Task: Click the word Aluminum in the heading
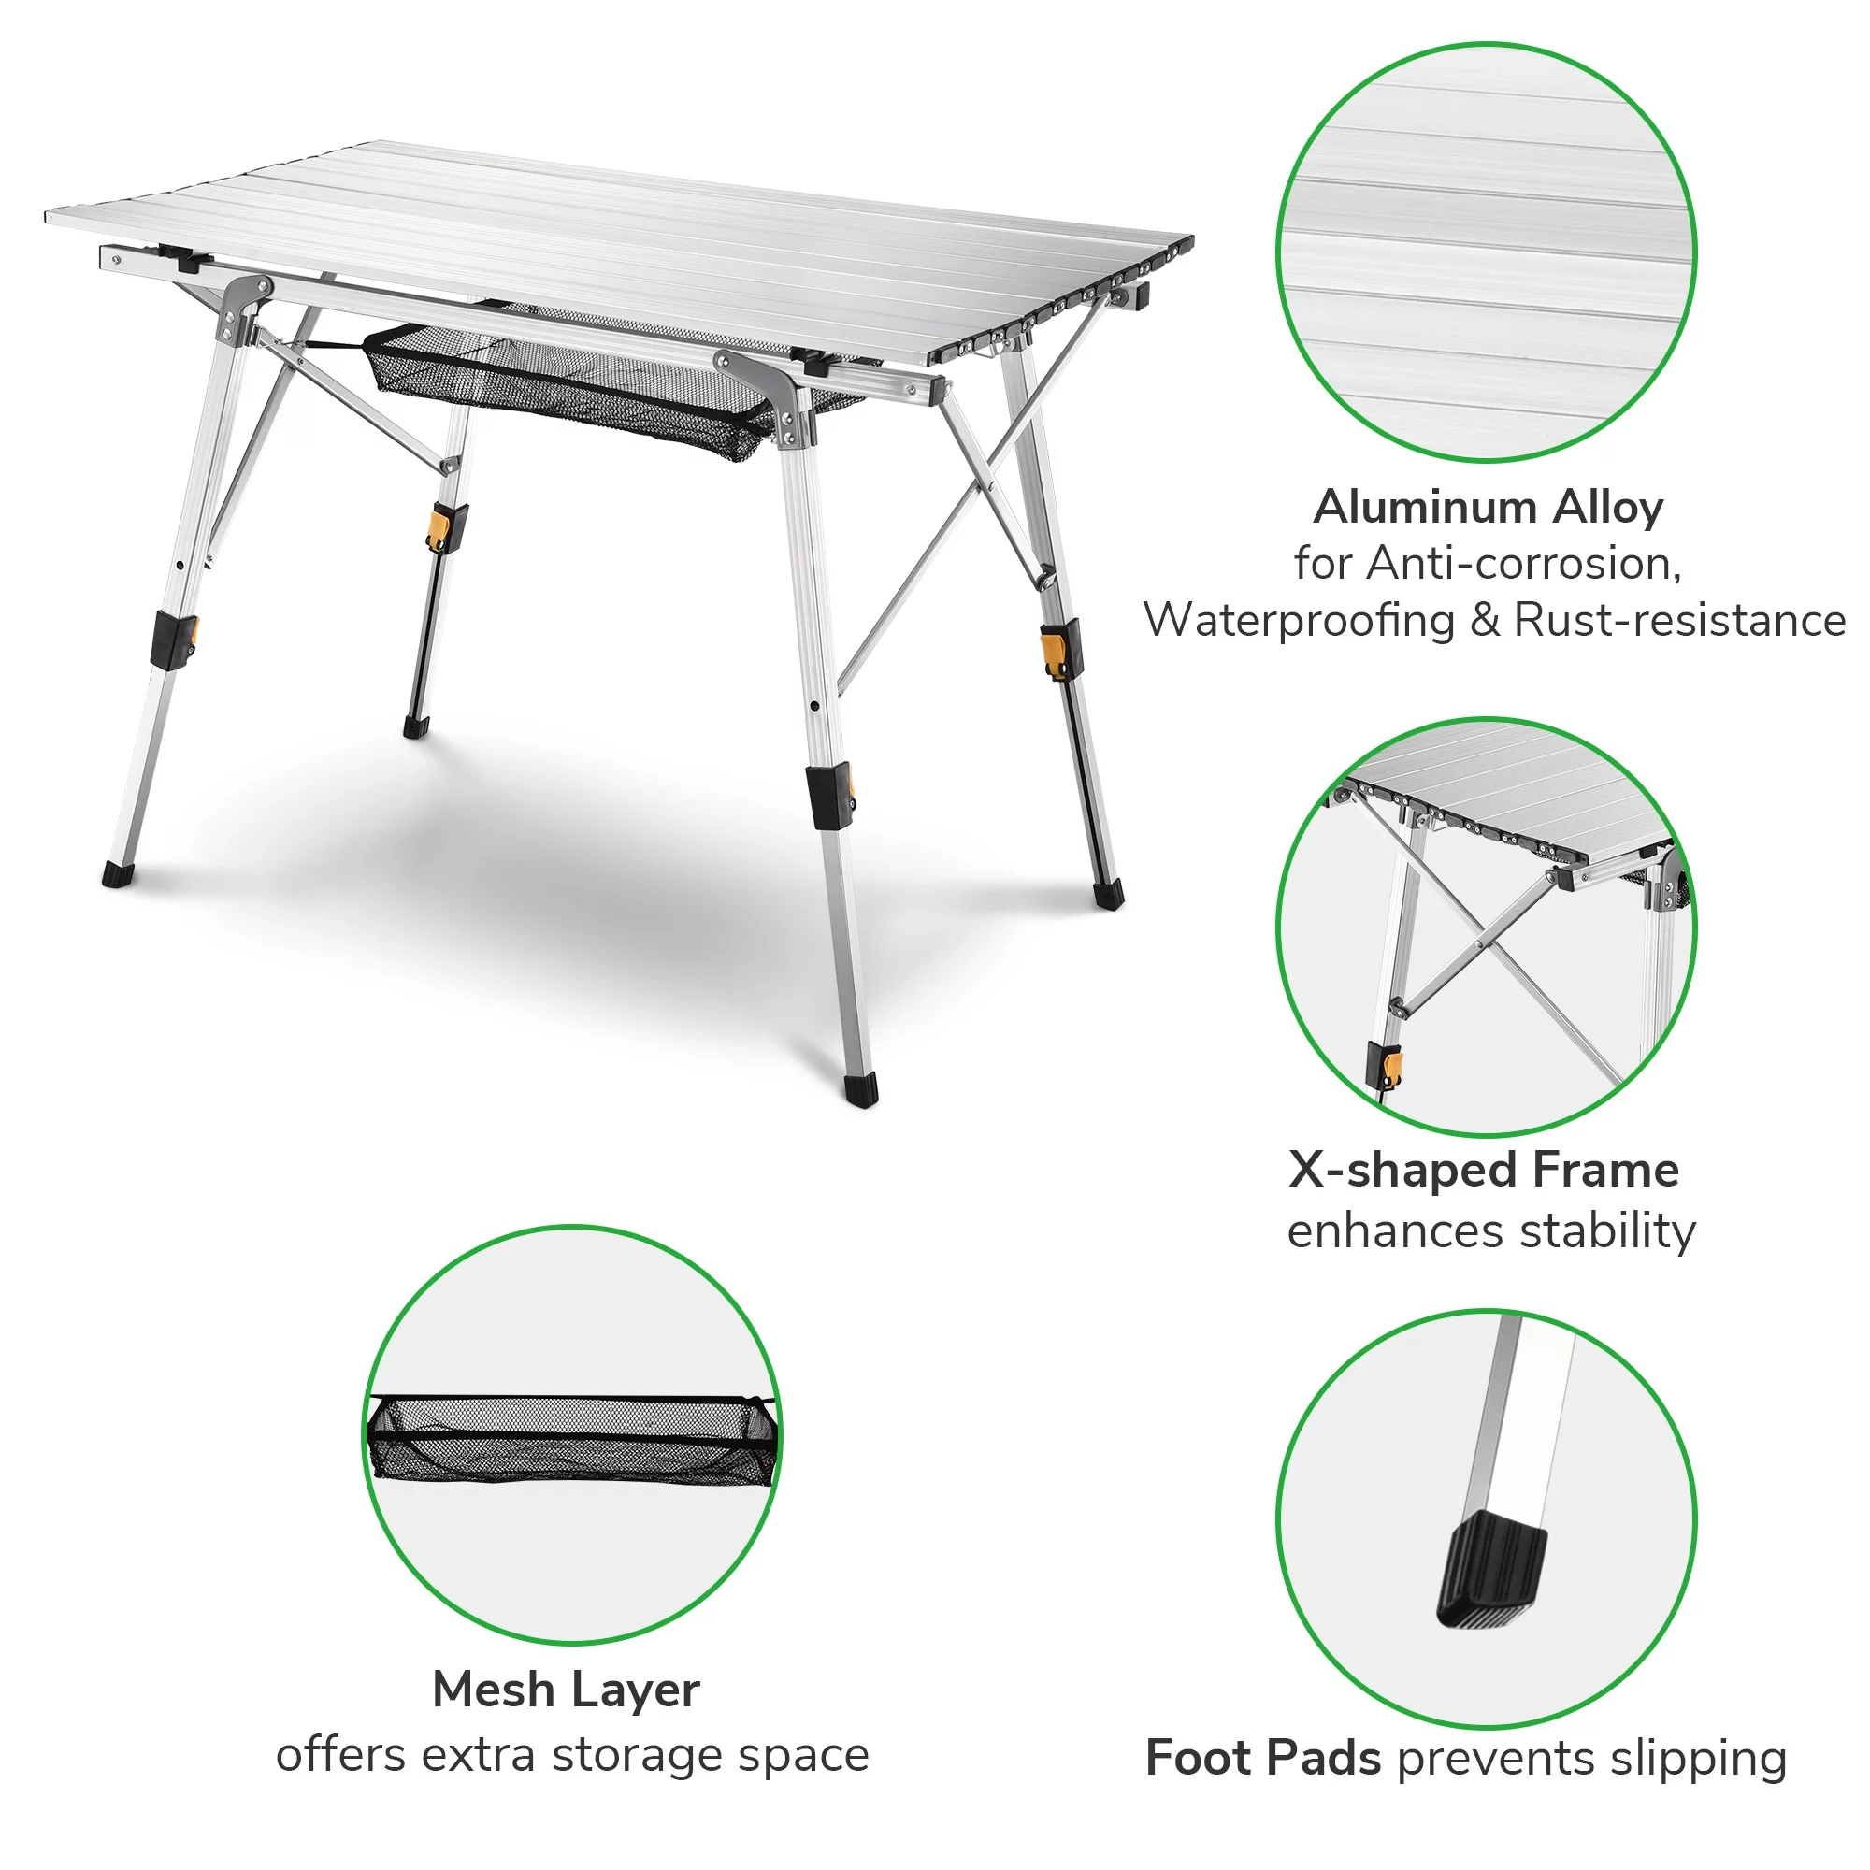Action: click(x=1423, y=507)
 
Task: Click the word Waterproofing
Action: click(x=1298, y=621)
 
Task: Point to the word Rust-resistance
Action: click(x=1679, y=621)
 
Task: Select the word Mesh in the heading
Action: click(x=493, y=1690)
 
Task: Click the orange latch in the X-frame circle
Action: click(x=1393, y=1069)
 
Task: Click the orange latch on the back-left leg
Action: click(x=440, y=528)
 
